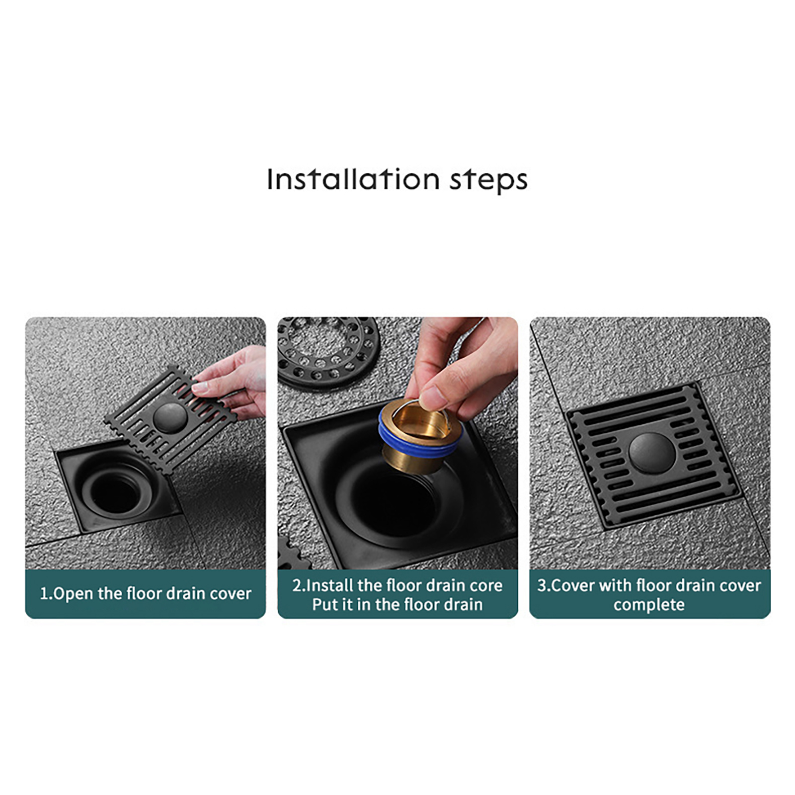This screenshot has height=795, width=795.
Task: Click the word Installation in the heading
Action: [353, 179]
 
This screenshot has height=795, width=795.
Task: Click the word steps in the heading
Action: [488, 181]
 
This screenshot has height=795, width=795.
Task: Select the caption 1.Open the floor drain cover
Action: [146, 594]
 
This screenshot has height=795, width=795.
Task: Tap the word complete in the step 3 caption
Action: [649, 605]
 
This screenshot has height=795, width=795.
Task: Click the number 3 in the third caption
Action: [541, 585]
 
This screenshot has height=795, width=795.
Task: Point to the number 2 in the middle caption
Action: [297, 585]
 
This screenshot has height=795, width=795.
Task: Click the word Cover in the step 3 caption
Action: [573, 585]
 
